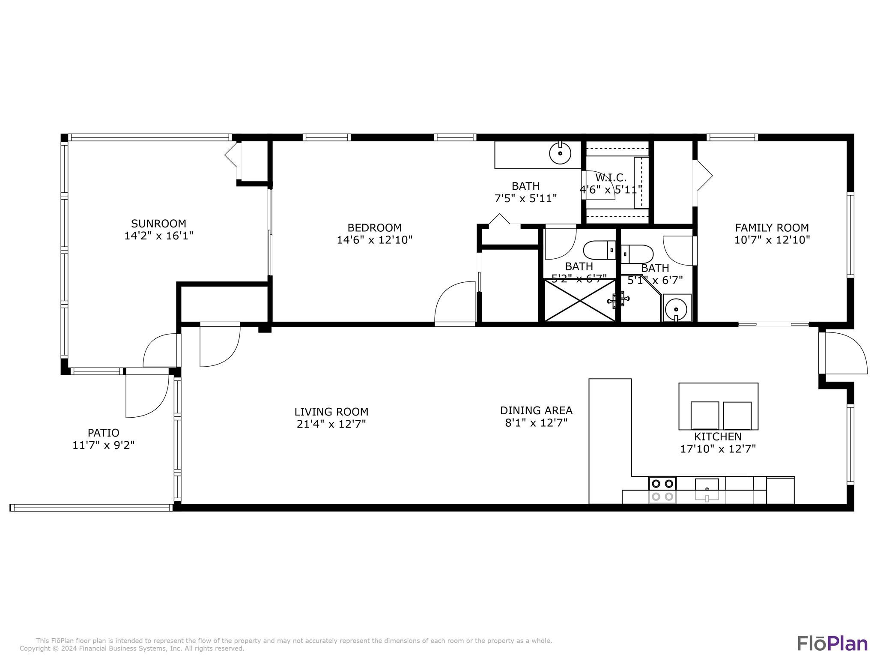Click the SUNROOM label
tap(158, 224)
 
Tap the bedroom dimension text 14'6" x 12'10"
tap(374, 240)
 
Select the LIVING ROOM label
tap(331, 412)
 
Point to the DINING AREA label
tap(536, 410)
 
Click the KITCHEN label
tap(718, 437)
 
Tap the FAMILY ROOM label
tap(772, 228)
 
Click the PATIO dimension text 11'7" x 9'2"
tap(104, 445)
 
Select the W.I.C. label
tap(611, 177)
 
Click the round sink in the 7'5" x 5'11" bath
tap(560, 153)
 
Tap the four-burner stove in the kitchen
tap(662, 490)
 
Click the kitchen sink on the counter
tap(707, 490)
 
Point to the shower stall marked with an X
tap(579, 300)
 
